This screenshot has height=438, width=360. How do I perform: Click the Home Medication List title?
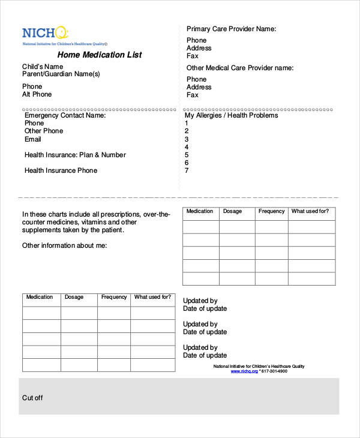pyautogui.click(x=99, y=55)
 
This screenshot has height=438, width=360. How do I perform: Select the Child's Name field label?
pyautogui.click(x=43, y=67)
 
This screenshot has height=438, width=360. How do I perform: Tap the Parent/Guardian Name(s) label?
pyautogui.click(x=61, y=74)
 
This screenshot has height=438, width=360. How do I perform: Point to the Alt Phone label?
pyautogui.click(x=37, y=94)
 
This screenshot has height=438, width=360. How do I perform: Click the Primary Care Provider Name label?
pyautogui.click(x=231, y=29)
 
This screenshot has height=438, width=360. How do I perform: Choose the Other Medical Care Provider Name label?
pyautogui.click(x=240, y=68)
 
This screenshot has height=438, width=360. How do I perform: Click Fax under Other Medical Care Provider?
pyautogui.click(x=193, y=95)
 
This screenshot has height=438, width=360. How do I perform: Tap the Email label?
pyautogui.click(x=33, y=139)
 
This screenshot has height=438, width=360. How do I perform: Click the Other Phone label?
pyautogui.click(x=44, y=131)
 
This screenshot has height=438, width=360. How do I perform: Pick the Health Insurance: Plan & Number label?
pyautogui.click(x=75, y=155)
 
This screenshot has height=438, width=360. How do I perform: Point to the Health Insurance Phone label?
pyautogui.click(x=61, y=170)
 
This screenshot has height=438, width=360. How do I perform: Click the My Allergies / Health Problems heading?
pyautogui.click(x=231, y=115)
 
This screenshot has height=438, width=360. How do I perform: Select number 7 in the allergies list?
pyautogui.click(x=187, y=170)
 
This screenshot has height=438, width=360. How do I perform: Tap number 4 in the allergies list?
pyautogui.click(x=187, y=147)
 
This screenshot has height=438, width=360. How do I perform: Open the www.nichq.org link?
pyautogui.click(x=244, y=371)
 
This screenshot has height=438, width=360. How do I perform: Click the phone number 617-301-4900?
pyautogui.click(x=275, y=371)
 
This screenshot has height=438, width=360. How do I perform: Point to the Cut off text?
pyautogui.click(x=32, y=398)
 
